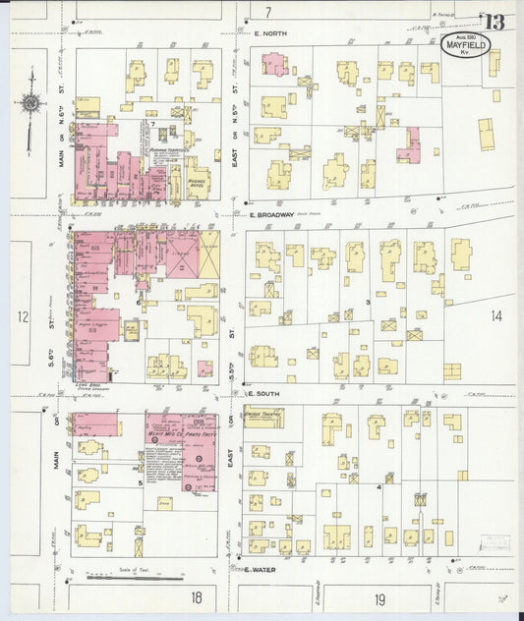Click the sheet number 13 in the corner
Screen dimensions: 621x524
(494, 22)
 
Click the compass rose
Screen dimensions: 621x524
(31, 101)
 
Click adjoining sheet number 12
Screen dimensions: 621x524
(24, 315)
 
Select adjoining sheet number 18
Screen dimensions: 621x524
(197, 596)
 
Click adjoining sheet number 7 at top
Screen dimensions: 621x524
(267, 12)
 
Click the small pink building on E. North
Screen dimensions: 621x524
(273, 64)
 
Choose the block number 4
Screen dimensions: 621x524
(378, 486)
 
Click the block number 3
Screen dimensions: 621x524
(368, 302)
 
